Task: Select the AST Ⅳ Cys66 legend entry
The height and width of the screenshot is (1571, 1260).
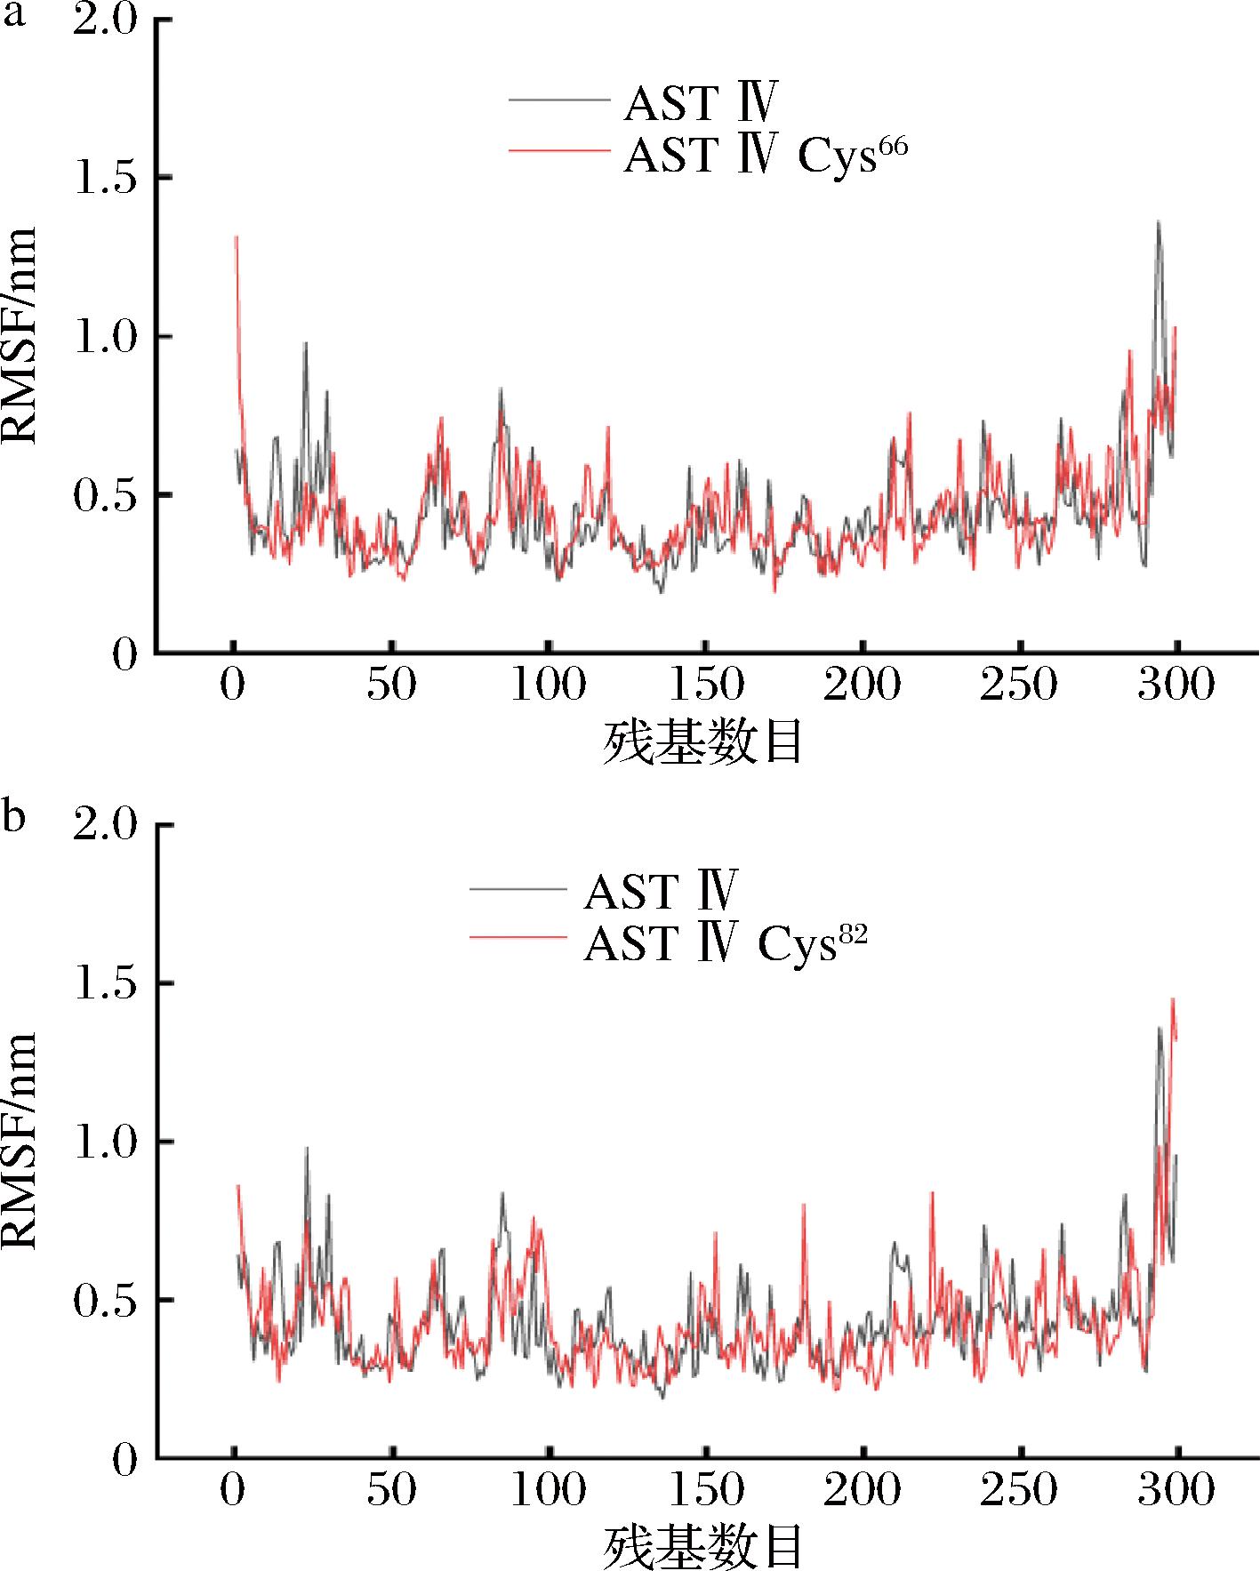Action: coord(766,156)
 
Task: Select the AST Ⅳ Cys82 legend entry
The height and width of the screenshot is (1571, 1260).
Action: coord(725,943)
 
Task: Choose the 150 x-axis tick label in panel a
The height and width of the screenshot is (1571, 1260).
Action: coord(705,685)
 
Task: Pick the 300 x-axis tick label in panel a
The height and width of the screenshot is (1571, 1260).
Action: coord(1176,685)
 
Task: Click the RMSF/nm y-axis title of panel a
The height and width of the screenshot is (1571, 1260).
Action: coord(20,336)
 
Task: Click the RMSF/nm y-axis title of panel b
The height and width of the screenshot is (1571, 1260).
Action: coord(20,1141)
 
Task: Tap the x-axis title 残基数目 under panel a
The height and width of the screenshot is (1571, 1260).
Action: coord(703,742)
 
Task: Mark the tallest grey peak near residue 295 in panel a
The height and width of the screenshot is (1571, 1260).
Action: coord(1158,222)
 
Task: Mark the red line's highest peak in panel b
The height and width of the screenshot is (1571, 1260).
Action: coord(1173,999)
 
